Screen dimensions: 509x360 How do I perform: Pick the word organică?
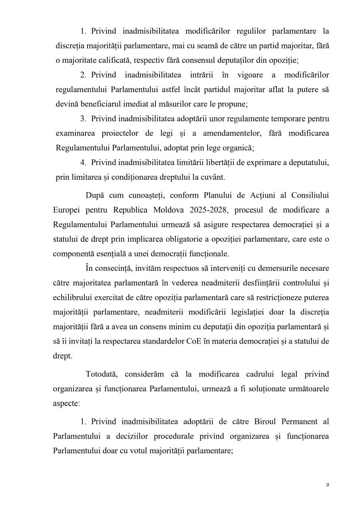237,148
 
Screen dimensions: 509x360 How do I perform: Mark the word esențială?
109,253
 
